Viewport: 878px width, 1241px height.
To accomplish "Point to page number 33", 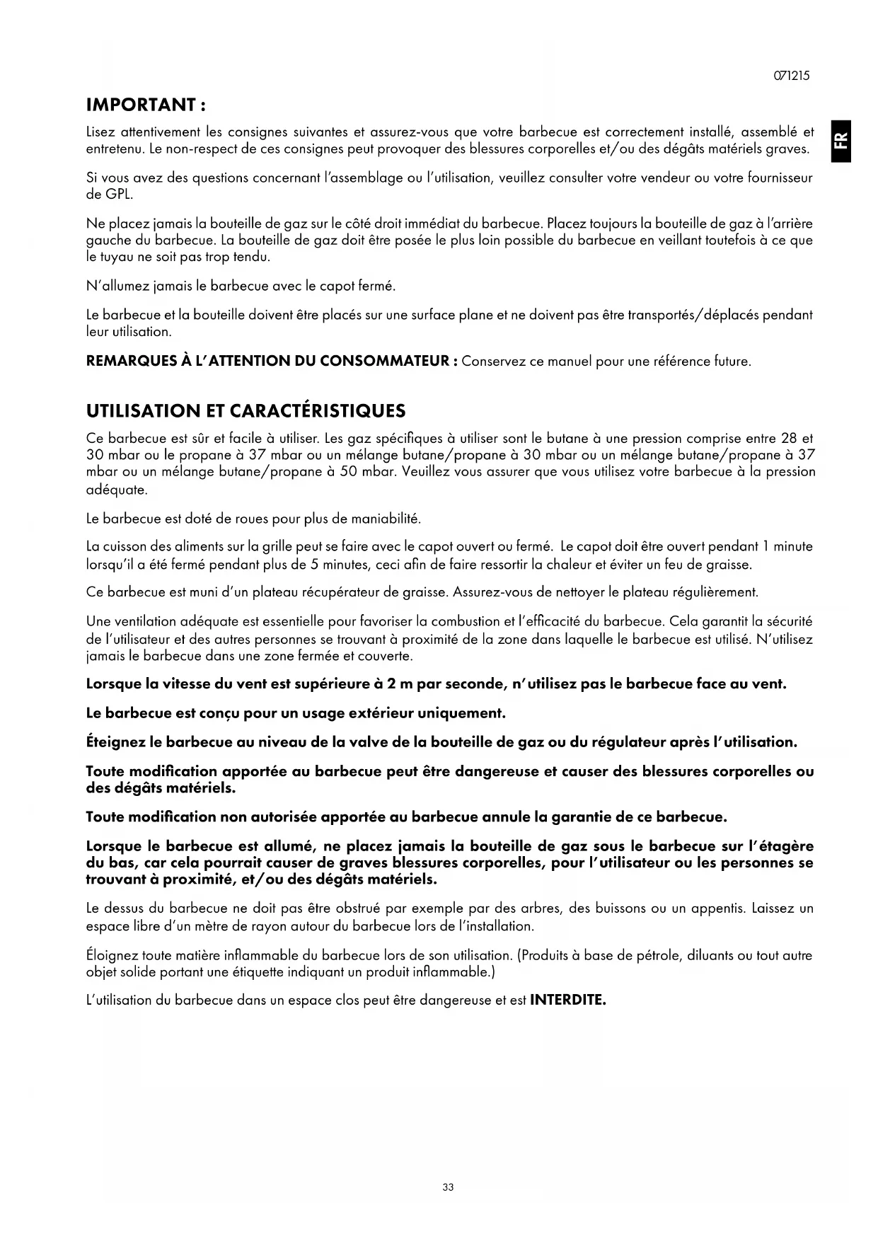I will click(x=447, y=1187).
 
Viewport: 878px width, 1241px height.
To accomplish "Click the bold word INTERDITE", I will click(x=567, y=1000).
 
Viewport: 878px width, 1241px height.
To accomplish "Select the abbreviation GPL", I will click(x=119, y=195).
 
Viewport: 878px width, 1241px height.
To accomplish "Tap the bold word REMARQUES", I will click(x=131, y=362).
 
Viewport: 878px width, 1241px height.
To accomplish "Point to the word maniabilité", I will click(x=387, y=519).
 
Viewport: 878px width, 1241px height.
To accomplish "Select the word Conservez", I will click(x=493, y=362).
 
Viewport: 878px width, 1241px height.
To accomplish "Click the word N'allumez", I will click(x=117, y=287).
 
